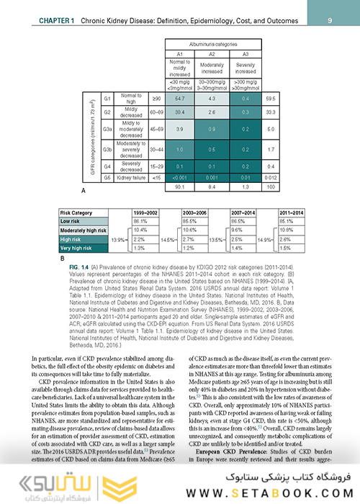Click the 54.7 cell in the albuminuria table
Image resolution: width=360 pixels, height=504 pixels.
coord(179,97)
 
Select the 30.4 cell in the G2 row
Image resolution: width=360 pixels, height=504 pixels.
coord(179,112)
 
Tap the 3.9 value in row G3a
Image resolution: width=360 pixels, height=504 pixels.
coord(179,129)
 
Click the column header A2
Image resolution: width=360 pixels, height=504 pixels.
coord(212,53)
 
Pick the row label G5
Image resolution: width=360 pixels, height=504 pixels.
coord(107,176)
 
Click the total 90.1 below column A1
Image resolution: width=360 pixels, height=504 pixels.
coord(179,186)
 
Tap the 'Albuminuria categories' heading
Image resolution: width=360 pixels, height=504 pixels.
coord(212,43)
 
